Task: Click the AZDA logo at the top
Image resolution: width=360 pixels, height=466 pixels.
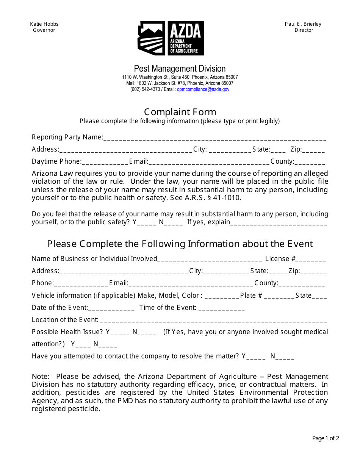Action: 171,38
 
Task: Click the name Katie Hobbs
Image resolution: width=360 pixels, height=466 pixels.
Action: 44,24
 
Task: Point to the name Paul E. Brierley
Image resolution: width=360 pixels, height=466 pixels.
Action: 303,24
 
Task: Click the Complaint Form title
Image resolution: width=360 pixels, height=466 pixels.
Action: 180,112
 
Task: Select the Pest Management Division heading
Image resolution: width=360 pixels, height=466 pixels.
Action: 180,69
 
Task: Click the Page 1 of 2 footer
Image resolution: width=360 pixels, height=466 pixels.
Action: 326,438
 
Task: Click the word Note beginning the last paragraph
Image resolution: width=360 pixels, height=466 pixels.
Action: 40,376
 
